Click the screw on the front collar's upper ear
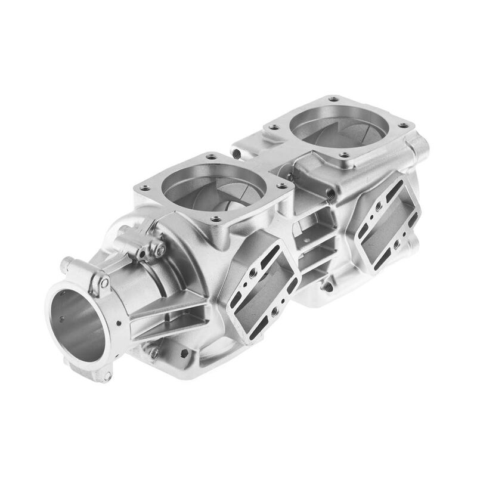[x=104, y=281]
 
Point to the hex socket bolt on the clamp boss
[x=160, y=251]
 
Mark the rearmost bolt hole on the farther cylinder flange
[x=333, y=99]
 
